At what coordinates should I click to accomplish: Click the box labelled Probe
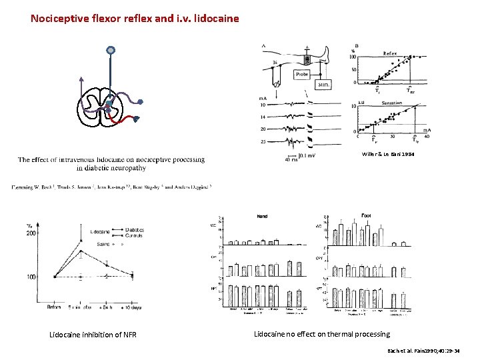click(x=301, y=75)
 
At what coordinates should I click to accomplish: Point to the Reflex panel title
click(x=390, y=53)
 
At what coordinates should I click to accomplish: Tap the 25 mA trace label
click(x=263, y=141)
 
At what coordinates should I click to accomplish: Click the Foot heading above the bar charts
click(x=366, y=215)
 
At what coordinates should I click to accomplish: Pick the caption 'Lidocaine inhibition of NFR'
click(x=93, y=335)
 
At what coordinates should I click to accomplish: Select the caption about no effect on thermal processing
click(x=322, y=334)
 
